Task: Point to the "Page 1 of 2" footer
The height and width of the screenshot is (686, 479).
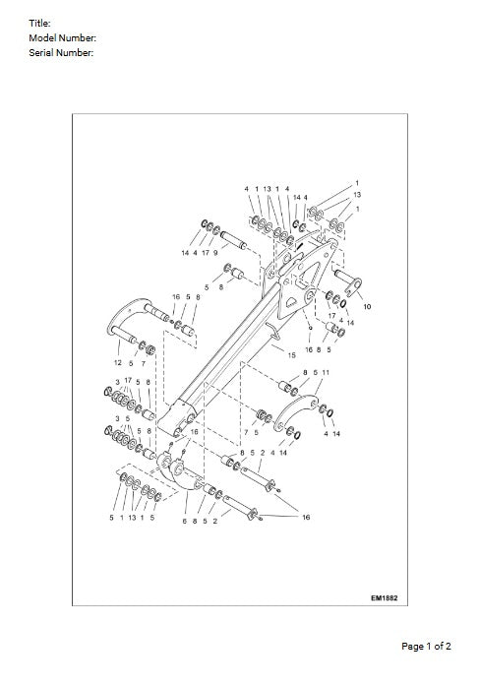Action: point(427,647)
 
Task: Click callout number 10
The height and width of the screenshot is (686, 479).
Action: point(367,307)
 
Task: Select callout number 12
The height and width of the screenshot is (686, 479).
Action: point(118,363)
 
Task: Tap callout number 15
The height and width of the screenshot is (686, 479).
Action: point(291,352)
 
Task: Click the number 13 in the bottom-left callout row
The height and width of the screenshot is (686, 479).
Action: point(132,517)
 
